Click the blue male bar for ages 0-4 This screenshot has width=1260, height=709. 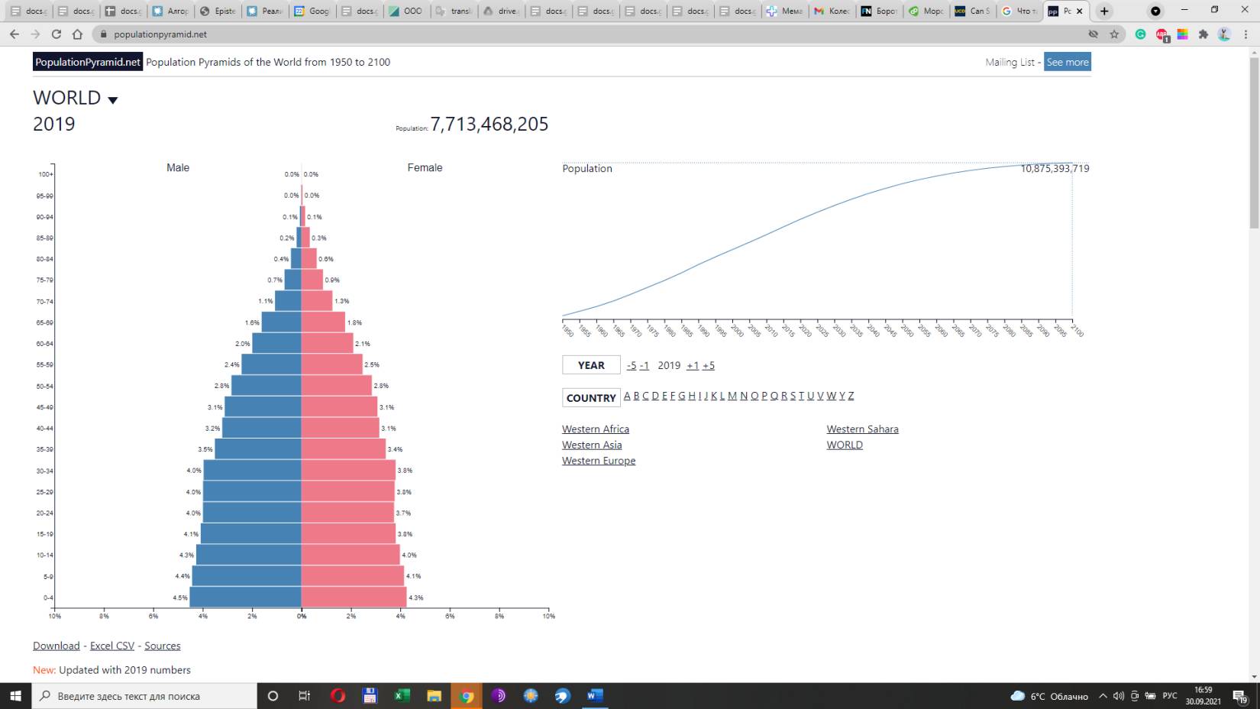click(245, 597)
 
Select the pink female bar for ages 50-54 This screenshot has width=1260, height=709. click(336, 386)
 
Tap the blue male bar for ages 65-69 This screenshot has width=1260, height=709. click(281, 322)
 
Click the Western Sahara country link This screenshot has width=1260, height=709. click(862, 429)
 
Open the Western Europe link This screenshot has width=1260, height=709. click(599, 461)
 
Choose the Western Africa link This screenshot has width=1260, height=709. click(596, 429)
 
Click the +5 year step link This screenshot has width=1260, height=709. click(709, 366)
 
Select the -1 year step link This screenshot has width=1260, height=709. click(645, 366)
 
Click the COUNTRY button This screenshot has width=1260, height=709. click(591, 398)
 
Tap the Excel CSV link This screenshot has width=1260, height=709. click(112, 646)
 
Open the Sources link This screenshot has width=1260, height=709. click(163, 646)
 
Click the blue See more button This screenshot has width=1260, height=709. click(1067, 62)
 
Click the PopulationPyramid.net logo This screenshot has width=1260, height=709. click(88, 62)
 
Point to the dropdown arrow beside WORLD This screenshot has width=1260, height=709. click(113, 100)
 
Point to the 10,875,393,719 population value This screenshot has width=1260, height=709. click(1055, 168)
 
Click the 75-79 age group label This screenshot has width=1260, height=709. click(45, 280)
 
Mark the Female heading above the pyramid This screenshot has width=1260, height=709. click(425, 167)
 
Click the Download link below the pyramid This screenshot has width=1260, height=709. click(57, 646)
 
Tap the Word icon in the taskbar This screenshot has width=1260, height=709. click(595, 695)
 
